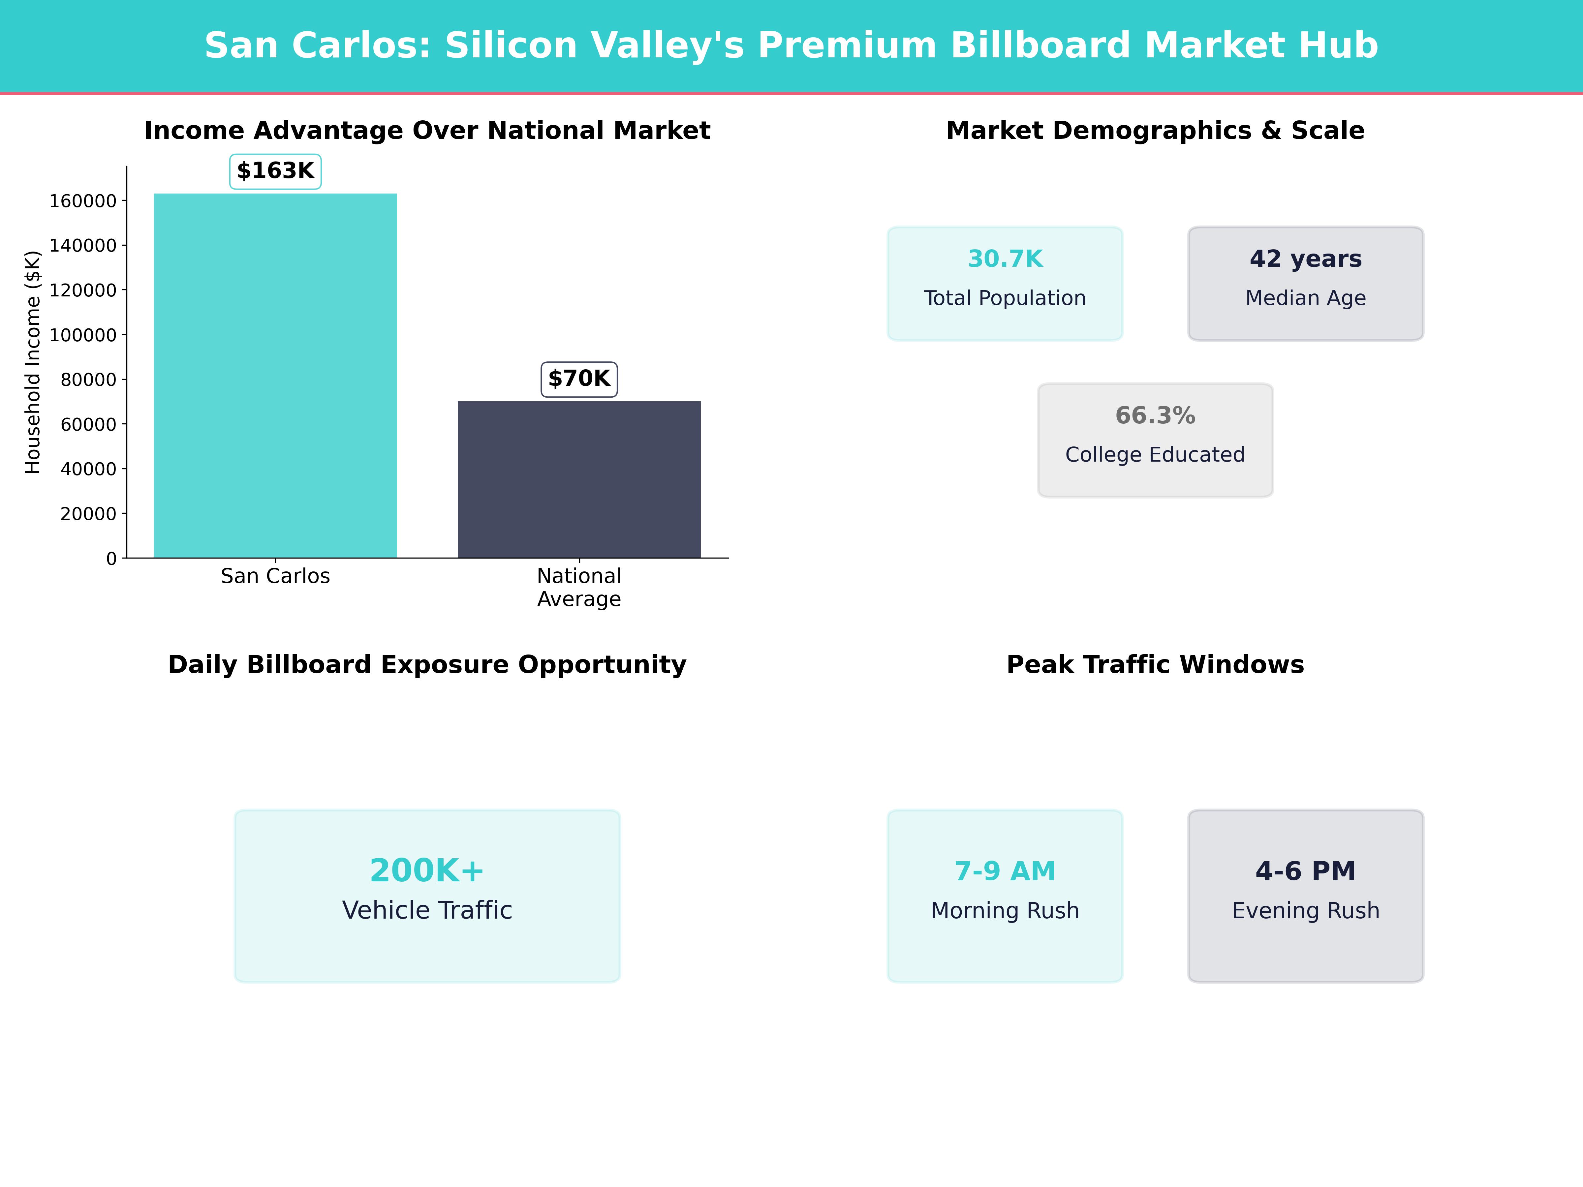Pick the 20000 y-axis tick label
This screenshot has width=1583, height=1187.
88,514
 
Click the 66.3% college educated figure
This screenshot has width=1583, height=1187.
1155,416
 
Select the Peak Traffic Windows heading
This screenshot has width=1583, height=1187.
1155,665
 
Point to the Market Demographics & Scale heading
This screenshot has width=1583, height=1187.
1155,131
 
